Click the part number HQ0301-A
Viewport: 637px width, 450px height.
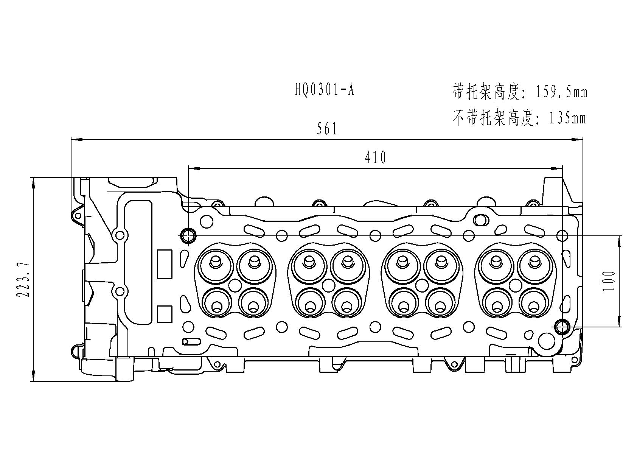pos(324,90)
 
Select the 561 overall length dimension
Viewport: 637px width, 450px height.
pos(327,129)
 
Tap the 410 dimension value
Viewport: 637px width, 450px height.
pos(375,157)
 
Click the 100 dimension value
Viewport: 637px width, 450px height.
pos(609,281)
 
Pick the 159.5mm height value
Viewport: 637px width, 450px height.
pos(562,92)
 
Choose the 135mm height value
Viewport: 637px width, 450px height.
pos(567,118)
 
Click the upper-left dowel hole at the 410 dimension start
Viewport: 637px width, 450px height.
pos(188,235)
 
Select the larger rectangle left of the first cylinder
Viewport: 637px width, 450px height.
pos(165,264)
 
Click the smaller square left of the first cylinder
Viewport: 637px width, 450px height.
pos(165,314)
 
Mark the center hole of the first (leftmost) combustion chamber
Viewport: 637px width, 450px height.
pos(235,285)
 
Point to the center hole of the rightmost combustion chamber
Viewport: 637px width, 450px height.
pos(516,285)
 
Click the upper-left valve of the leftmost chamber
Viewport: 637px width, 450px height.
pos(216,266)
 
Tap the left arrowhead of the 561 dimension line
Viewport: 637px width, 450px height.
pos(76,140)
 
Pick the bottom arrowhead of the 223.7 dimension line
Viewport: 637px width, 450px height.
pos(34,375)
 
